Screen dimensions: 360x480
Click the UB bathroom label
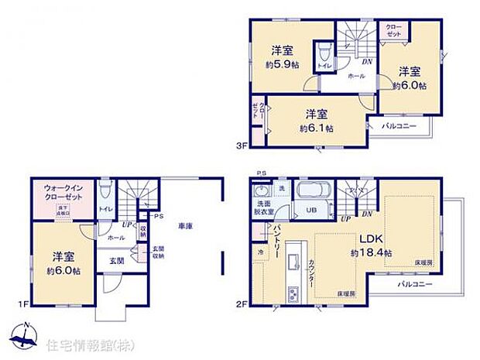tap(309, 210)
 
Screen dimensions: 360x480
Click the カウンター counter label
tap(310, 273)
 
